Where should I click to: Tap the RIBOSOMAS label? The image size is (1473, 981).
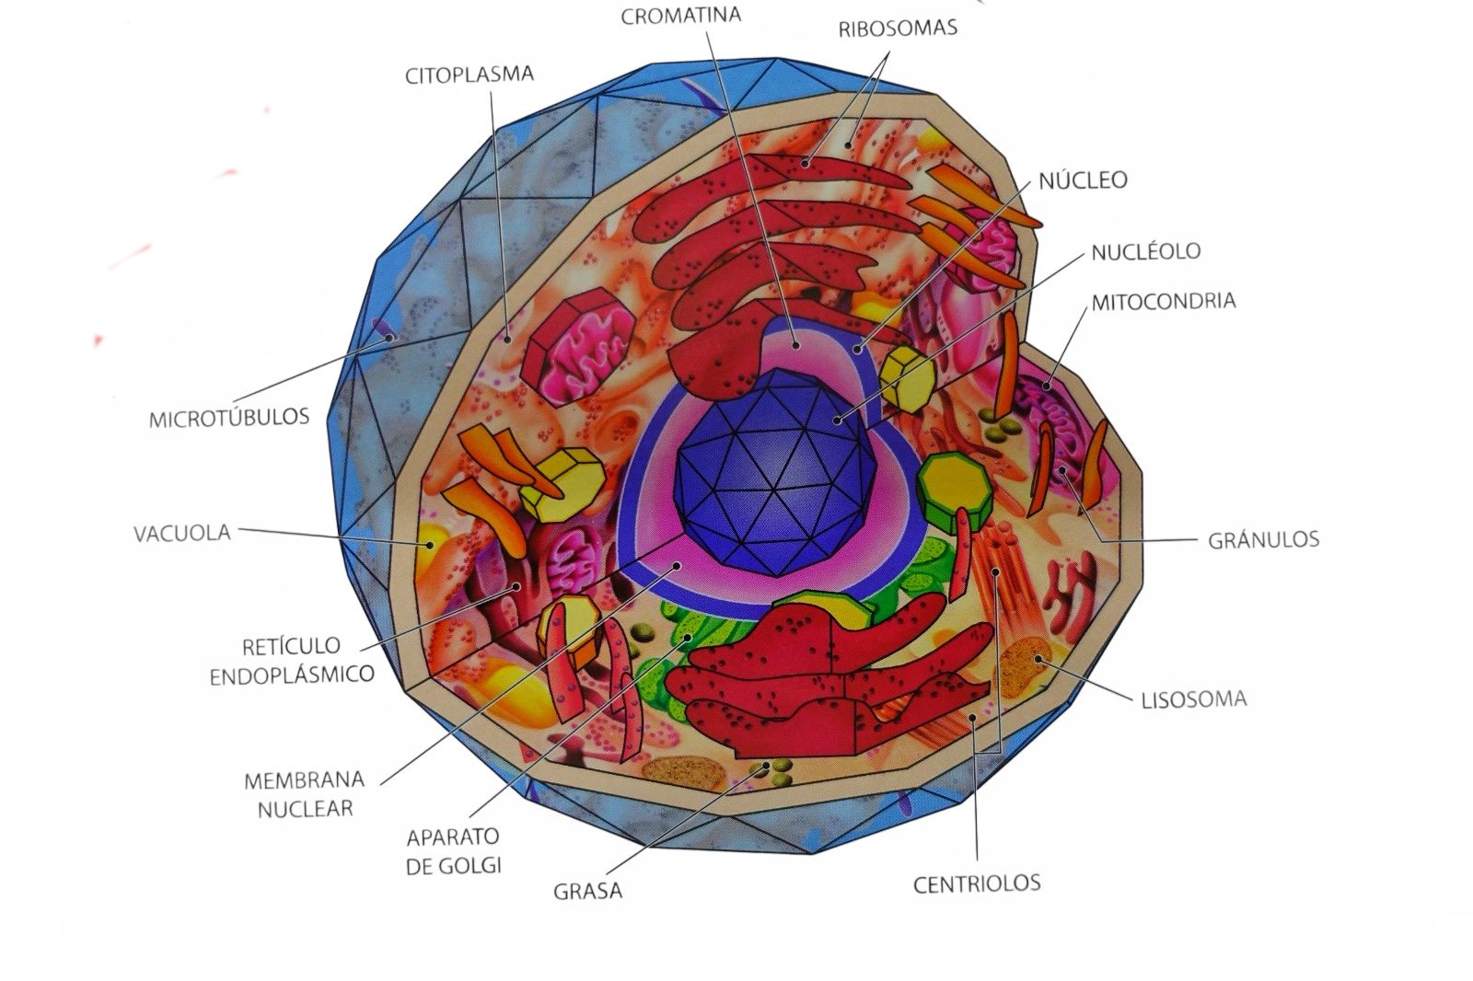(897, 28)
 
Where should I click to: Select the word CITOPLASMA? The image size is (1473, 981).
(469, 75)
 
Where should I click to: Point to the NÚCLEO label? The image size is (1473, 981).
(1083, 180)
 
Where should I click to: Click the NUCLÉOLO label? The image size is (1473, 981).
(1145, 251)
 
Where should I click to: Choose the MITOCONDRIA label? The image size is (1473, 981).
(1163, 301)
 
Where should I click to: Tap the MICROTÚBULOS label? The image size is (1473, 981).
(229, 418)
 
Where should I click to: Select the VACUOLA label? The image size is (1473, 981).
(182, 533)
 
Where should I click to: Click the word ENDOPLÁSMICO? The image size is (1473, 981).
(292, 675)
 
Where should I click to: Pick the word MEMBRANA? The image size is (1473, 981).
(304, 780)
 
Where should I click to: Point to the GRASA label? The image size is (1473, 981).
(587, 891)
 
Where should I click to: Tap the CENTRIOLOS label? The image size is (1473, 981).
(976, 883)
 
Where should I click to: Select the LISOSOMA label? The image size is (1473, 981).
(1194, 699)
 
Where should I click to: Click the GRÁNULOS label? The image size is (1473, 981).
(1263, 539)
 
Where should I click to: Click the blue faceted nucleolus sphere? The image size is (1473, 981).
(771, 469)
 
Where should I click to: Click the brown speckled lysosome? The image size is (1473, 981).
(1024, 667)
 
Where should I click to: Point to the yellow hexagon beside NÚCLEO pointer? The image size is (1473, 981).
(908, 376)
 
